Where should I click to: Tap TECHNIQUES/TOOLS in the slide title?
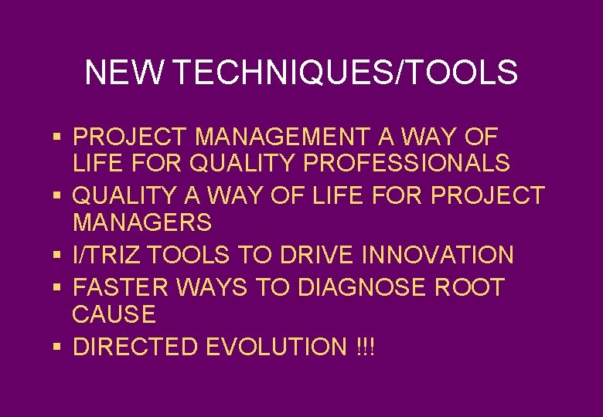pos(346,73)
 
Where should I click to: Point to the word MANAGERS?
pos(142,224)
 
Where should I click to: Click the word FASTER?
pos(121,287)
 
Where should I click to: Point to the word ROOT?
pos(470,287)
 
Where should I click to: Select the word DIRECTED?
pos(135,347)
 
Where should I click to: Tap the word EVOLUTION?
pos(277,347)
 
